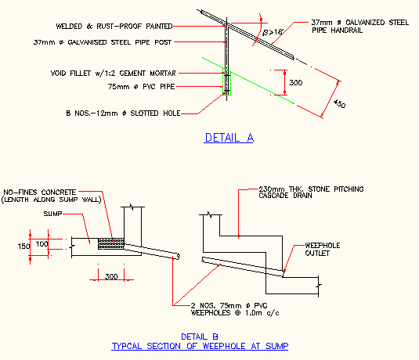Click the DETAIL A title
229,138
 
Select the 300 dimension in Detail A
295,81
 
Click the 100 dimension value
42,244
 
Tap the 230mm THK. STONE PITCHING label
307,189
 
